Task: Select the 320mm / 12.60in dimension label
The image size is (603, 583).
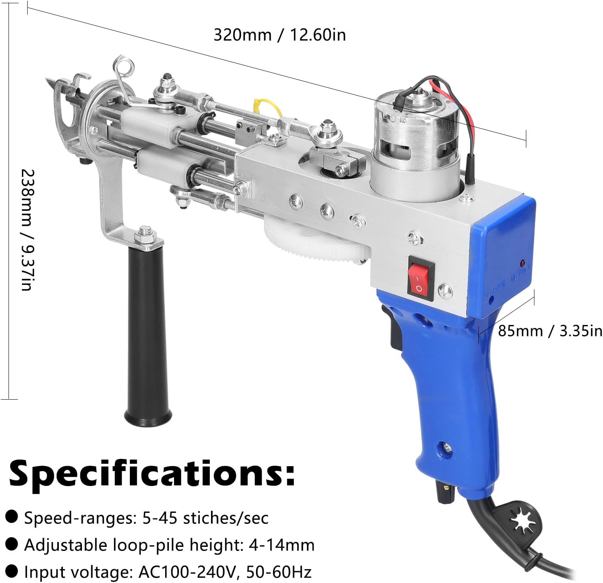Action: [x=280, y=35]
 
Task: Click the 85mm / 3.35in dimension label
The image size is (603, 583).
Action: [x=550, y=331]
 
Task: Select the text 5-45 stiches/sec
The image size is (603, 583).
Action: [x=205, y=518]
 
